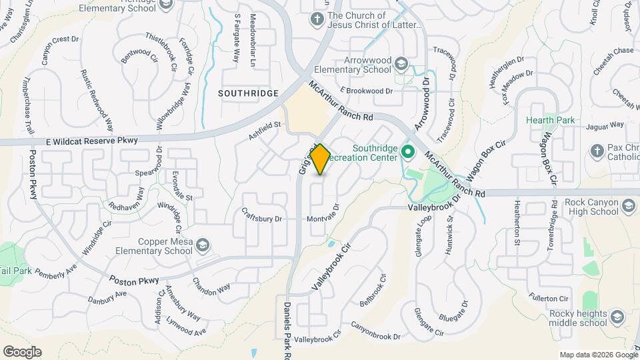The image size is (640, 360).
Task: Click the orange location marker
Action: pyautogui.click(x=320, y=159)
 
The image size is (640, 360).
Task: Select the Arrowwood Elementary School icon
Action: pyautogui.click(x=401, y=64)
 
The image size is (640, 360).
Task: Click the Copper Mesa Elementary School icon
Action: pyautogui.click(x=203, y=246)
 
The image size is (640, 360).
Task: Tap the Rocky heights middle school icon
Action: pyautogui.click(x=617, y=316)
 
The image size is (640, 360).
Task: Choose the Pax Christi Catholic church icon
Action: pyautogui.click(x=597, y=152)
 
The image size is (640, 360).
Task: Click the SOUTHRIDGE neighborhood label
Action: pyautogui.click(x=249, y=93)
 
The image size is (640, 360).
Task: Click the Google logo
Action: pyautogui.click(x=21, y=351)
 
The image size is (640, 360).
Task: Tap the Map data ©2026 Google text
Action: pyautogui.click(x=597, y=355)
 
